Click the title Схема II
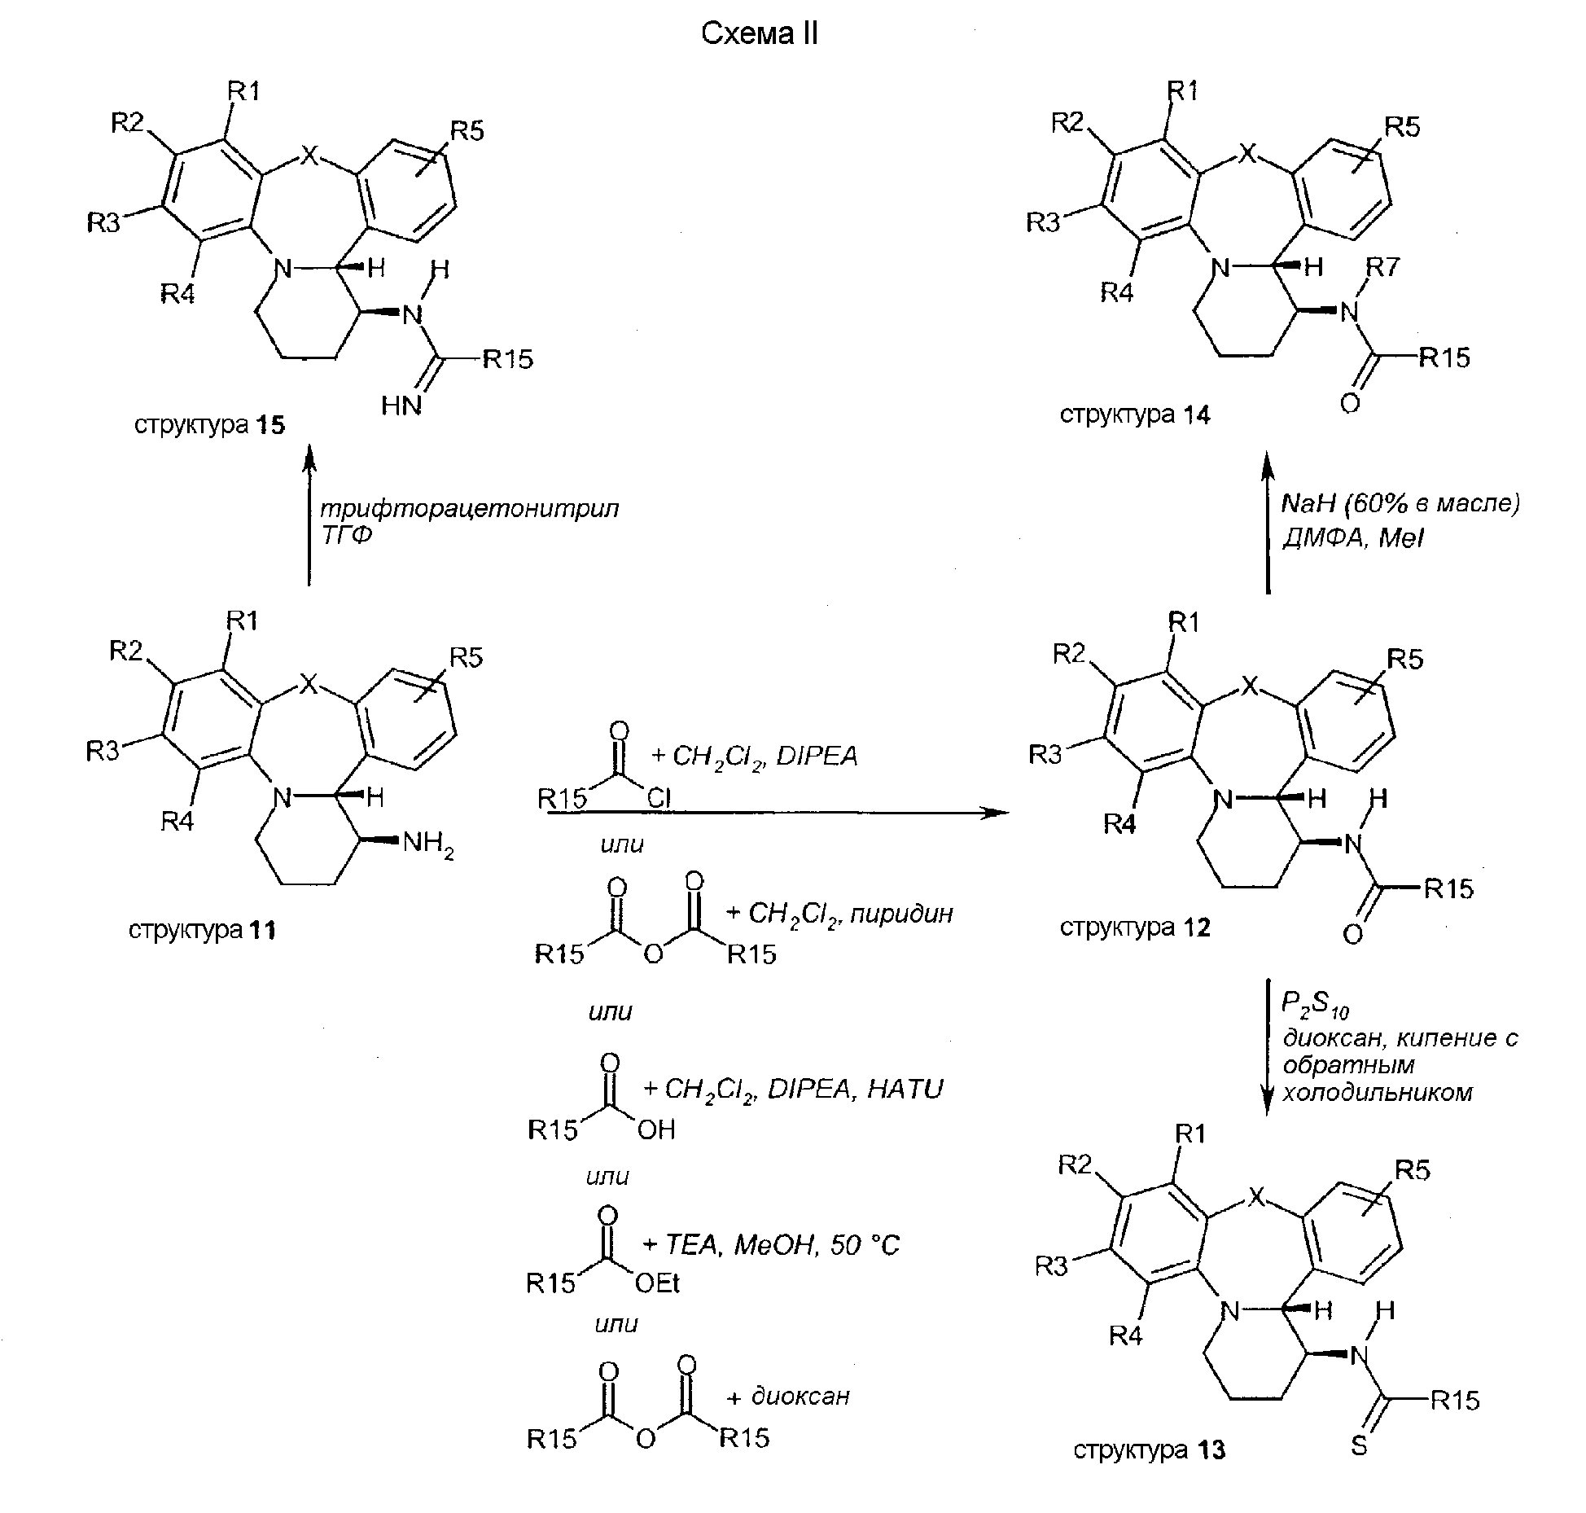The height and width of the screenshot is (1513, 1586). tap(759, 33)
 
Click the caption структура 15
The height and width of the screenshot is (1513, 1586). tap(209, 425)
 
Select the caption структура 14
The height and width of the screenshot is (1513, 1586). tap(1135, 415)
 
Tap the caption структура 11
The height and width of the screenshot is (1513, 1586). tap(202, 930)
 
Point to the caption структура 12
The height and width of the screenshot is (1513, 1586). tap(1135, 928)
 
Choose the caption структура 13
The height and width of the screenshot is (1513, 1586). tap(1149, 1450)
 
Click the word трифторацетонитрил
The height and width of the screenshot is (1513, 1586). tap(469, 509)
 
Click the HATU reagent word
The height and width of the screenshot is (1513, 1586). tap(905, 1089)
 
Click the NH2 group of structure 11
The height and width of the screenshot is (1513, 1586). tap(428, 844)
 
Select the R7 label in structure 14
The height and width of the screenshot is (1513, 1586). tap(1382, 267)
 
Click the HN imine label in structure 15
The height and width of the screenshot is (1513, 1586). tap(401, 406)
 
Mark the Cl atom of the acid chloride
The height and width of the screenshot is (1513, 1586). tap(659, 799)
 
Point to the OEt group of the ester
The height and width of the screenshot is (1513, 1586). tap(656, 1283)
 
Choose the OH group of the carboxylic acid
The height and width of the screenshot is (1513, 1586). tap(656, 1129)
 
